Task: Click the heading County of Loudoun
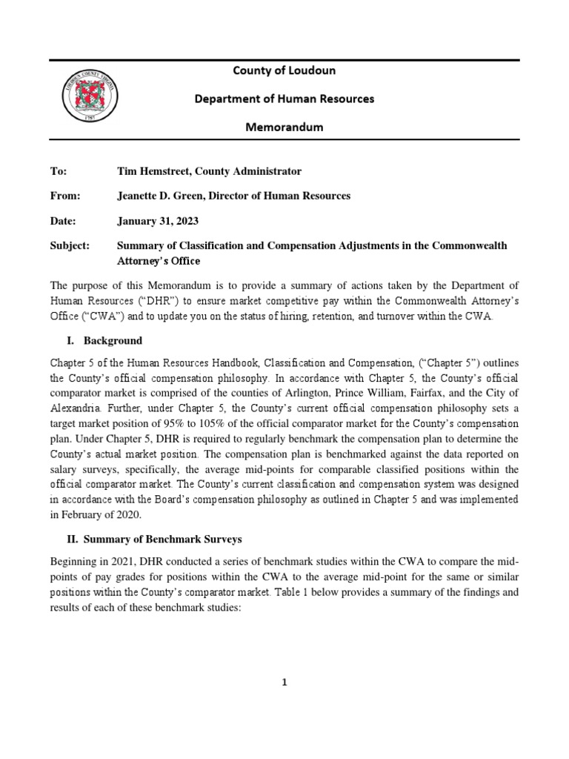[284, 70]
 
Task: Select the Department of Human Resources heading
[284, 99]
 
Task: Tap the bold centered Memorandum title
[284, 127]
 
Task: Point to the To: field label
[58, 171]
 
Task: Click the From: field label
[64, 196]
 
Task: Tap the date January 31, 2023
[158, 221]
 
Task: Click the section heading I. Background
[106, 341]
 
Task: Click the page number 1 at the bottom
[284, 683]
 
